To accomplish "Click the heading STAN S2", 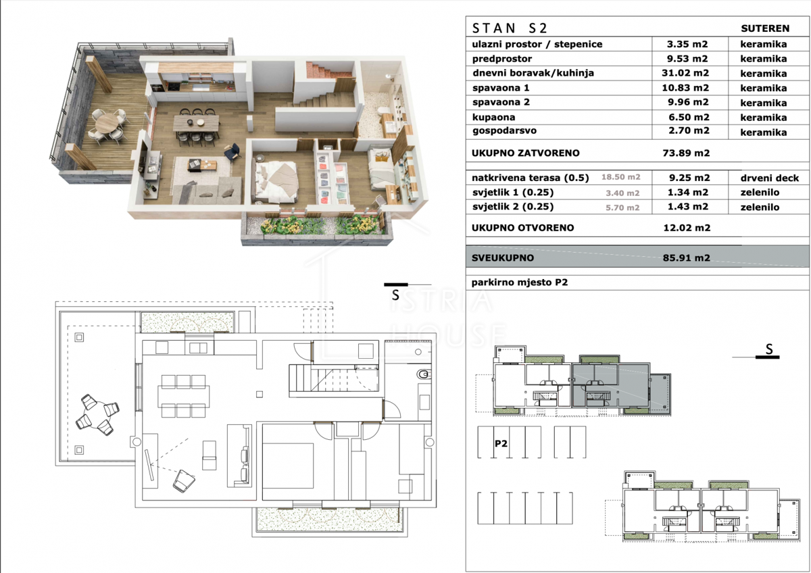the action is click(510, 28).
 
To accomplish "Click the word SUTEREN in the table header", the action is click(765, 28).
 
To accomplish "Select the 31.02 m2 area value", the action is click(685, 73).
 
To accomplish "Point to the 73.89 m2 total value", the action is click(686, 153).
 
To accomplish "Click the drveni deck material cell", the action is click(769, 178).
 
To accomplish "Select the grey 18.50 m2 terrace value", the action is click(621, 177).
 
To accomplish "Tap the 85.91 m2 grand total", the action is click(687, 257).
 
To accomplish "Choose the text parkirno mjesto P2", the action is click(520, 282).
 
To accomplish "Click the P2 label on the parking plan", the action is click(501, 443).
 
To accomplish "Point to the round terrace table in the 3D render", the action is click(107, 123).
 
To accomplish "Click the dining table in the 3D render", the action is click(196, 123).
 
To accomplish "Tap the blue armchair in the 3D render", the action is click(232, 151).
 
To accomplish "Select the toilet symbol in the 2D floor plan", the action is click(424, 374).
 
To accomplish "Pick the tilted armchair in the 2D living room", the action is click(184, 481).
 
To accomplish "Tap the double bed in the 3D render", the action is click(276, 182).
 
